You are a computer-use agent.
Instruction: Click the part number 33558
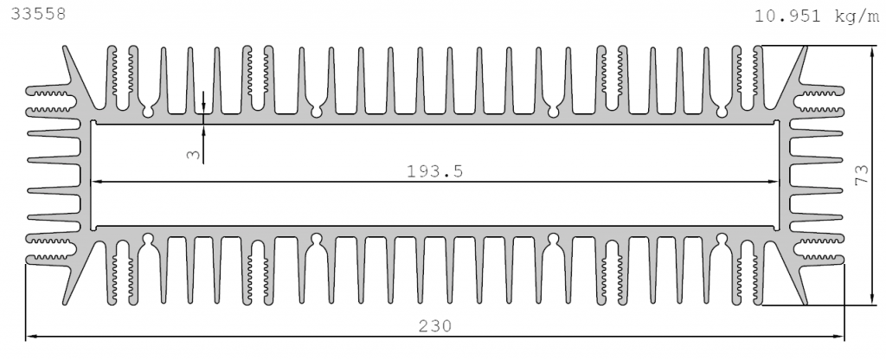[x=38, y=14]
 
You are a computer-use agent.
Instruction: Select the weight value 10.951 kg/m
[x=817, y=16]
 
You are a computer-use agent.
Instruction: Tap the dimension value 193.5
[x=434, y=171]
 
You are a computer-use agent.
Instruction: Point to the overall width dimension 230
[x=435, y=326]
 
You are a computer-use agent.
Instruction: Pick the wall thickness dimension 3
[x=194, y=154]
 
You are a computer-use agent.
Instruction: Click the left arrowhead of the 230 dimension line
[x=32, y=337]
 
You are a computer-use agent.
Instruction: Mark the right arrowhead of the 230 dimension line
[x=838, y=337]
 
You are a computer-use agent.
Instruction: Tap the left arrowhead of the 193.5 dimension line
[x=97, y=182]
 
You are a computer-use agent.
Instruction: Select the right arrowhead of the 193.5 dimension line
[x=773, y=182]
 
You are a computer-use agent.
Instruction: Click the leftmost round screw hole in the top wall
[x=148, y=112]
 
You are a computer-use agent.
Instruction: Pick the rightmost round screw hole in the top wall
[x=722, y=112]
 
